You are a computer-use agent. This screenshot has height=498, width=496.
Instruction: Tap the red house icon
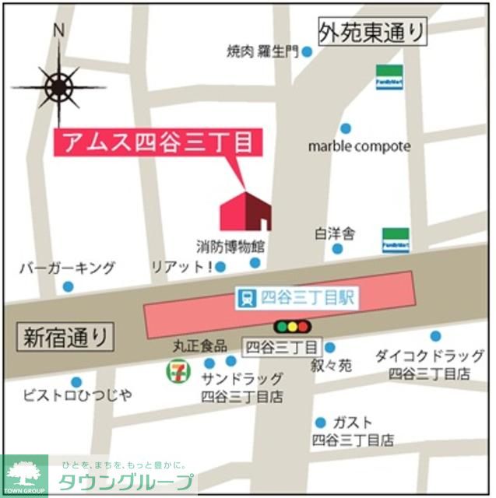pyautogui.click(x=245, y=210)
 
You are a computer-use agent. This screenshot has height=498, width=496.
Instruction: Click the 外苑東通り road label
pyautogui.click(x=374, y=32)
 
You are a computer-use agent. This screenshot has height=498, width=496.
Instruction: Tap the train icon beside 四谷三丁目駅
pyautogui.click(x=247, y=297)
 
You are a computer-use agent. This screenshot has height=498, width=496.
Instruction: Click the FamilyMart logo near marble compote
pyautogui.click(x=389, y=77)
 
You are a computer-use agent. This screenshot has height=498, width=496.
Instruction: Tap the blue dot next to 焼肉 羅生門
pyautogui.click(x=307, y=52)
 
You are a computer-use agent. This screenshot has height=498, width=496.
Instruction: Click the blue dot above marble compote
pyautogui.click(x=346, y=128)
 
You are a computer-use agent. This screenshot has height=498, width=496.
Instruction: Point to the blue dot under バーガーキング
pyautogui.click(x=68, y=286)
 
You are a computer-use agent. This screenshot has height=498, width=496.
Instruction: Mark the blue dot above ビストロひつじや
pyautogui.click(x=76, y=382)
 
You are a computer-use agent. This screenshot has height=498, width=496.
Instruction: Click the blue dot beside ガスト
pyautogui.click(x=320, y=423)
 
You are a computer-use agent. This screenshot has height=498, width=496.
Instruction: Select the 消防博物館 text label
pyautogui.click(x=230, y=247)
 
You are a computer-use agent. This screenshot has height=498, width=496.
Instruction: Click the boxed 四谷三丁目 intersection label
pyautogui.click(x=282, y=347)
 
